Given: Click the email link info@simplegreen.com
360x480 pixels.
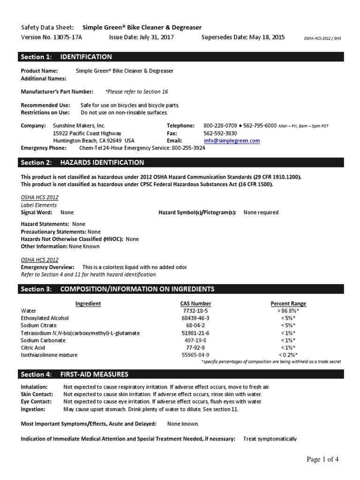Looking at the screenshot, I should [232, 141].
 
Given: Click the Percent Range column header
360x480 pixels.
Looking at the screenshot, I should [288, 303].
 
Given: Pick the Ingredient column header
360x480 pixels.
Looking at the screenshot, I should [88, 303].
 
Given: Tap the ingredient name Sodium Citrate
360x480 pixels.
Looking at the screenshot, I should [39, 325].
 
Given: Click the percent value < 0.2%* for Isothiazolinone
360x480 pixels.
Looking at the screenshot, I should [288, 355].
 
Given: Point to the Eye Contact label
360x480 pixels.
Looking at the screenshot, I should [36, 402].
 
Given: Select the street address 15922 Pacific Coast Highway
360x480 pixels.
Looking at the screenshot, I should [87, 133].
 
